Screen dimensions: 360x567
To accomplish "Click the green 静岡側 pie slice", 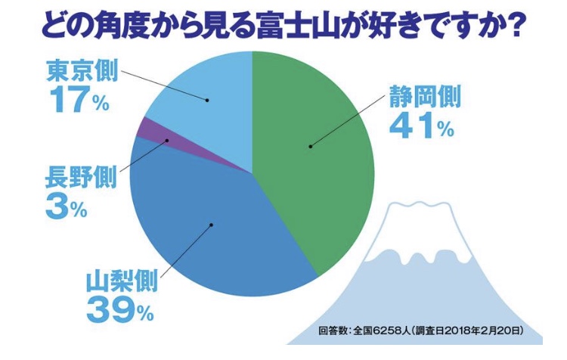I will click(318, 166).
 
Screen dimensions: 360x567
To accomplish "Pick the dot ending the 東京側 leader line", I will click(206, 98).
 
